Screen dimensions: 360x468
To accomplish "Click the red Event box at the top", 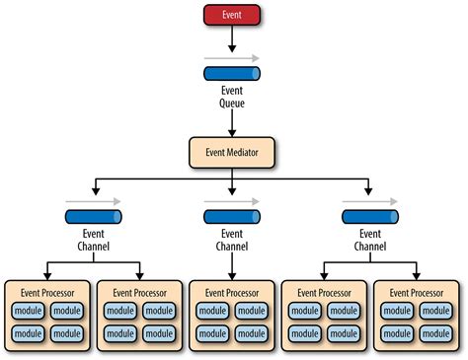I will (233, 15).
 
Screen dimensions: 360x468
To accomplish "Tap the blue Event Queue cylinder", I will (233, 74).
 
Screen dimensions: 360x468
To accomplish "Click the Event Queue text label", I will (233, 97).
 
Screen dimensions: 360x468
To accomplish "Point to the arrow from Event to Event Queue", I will (233, 39).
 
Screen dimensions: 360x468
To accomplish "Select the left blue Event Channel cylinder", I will (95, 217).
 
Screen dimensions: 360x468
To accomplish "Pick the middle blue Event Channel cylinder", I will (233, 217).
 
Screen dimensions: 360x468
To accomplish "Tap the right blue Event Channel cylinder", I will (370, 217).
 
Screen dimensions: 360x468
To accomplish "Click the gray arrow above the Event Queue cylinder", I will (233, 59).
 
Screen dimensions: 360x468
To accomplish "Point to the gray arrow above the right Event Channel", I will (370, 202).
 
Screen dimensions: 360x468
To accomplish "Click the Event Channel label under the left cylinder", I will (95, 240).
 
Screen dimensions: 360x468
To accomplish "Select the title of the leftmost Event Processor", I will (47, 292).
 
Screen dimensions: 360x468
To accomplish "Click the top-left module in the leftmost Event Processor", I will (28, 311).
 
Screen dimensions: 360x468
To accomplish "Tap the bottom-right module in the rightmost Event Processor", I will (438, 334).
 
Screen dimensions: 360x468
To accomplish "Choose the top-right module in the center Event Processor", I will (253, 311).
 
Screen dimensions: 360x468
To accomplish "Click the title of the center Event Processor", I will (233, 292).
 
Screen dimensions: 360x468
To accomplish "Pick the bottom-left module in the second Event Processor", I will (118, 334).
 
